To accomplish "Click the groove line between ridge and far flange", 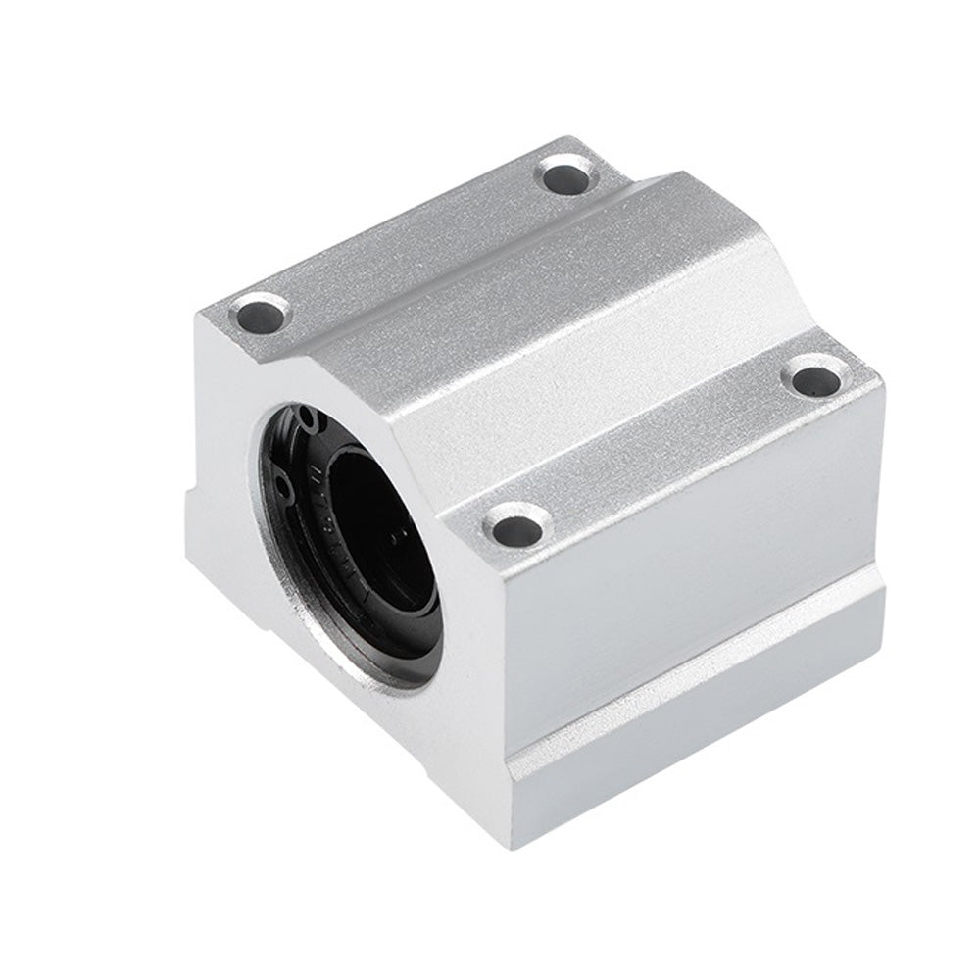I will (421, 265).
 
